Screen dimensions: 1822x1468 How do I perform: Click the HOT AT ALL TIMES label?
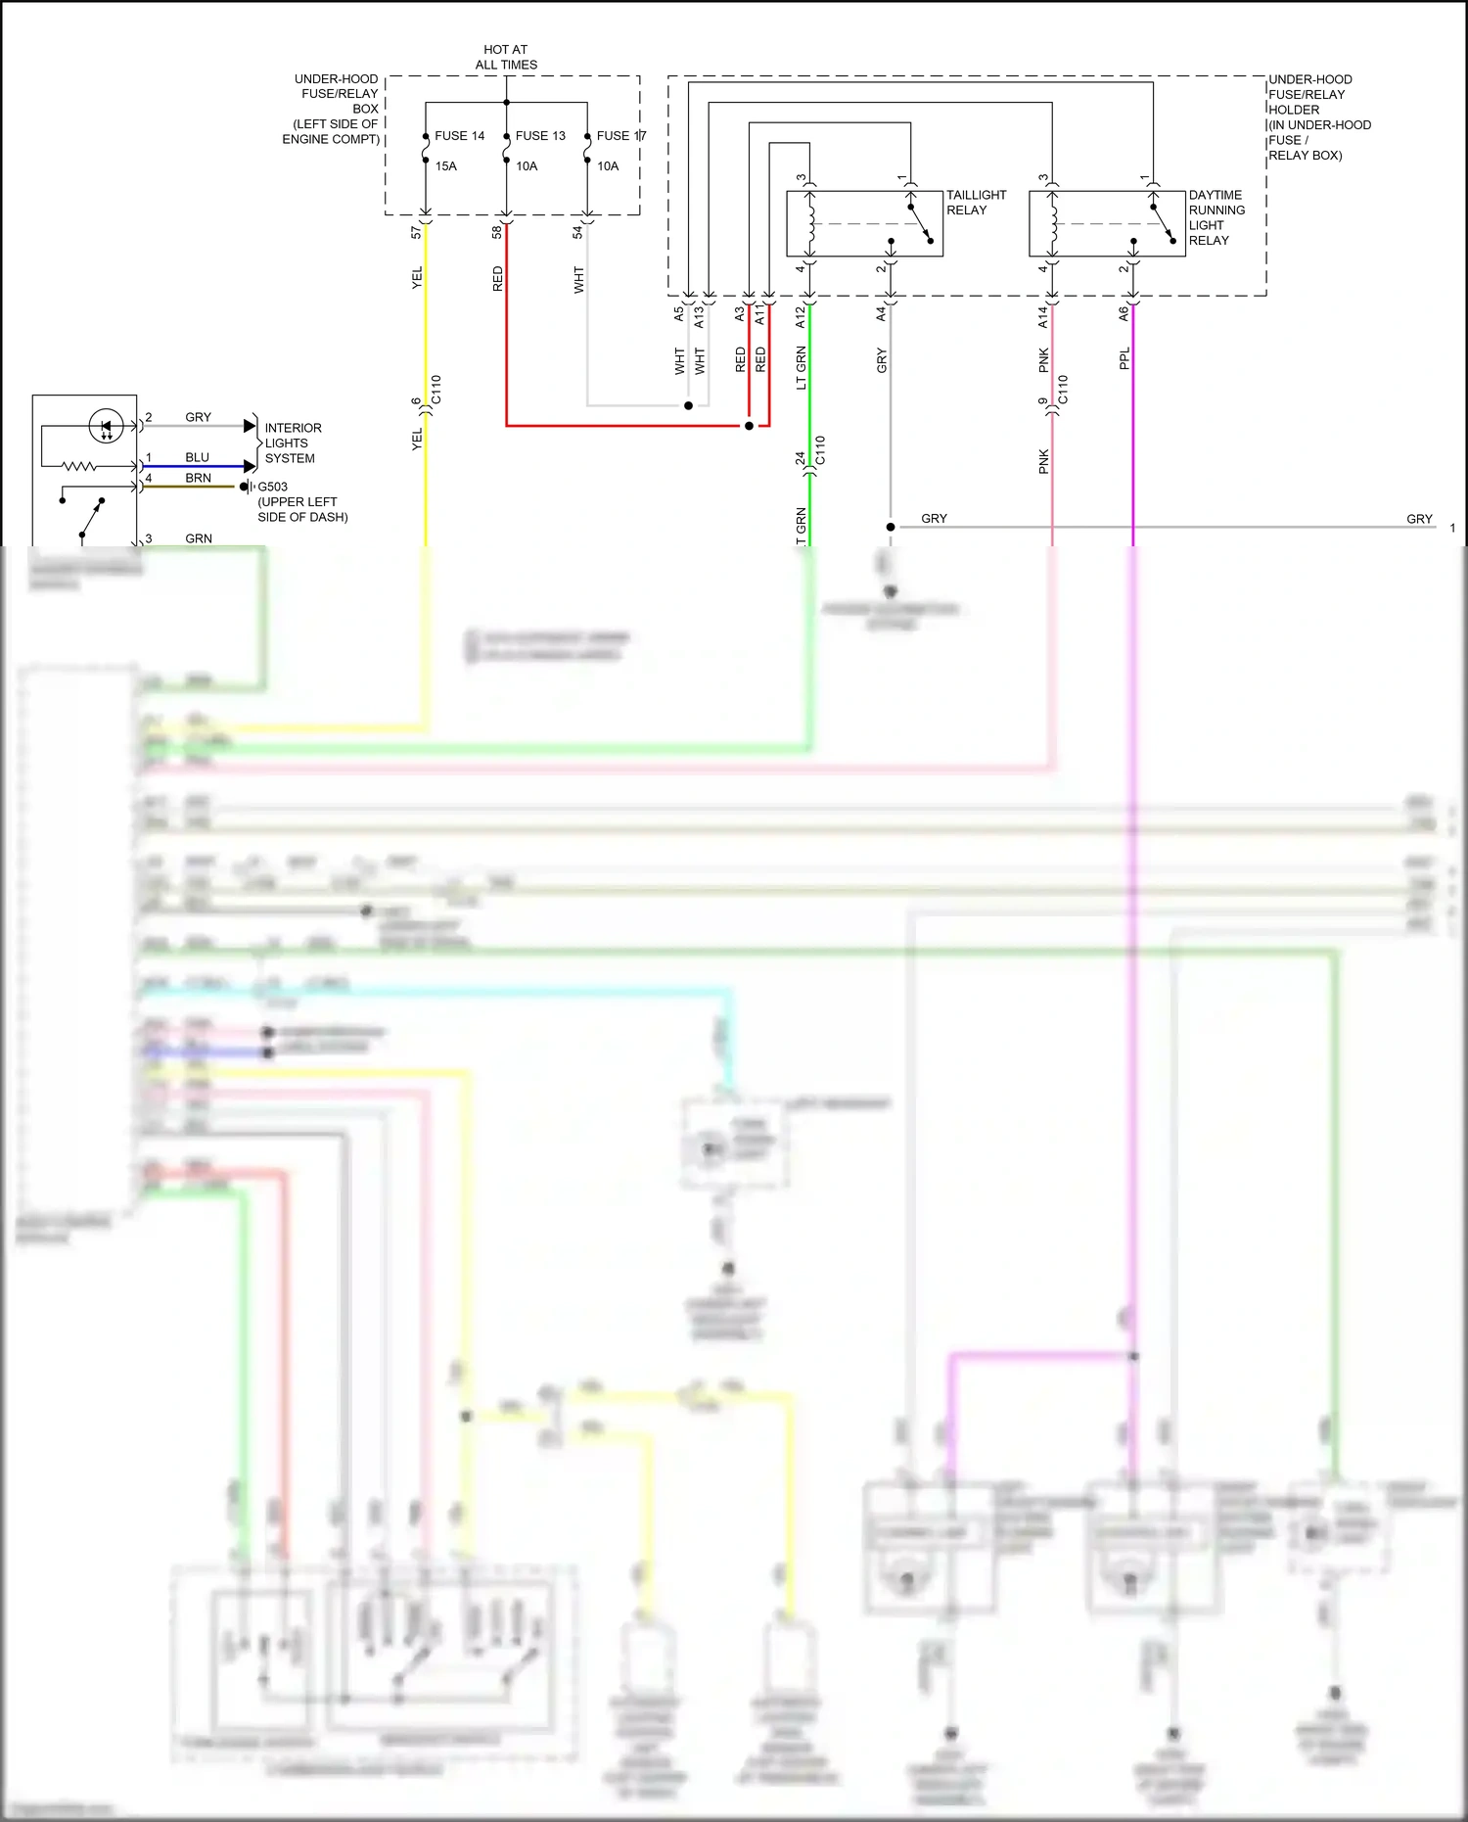(506, 57)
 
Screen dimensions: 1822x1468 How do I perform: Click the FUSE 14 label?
(459, 136)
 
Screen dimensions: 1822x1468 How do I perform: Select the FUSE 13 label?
(540, 136)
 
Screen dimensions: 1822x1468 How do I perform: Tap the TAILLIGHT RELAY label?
(975, 203)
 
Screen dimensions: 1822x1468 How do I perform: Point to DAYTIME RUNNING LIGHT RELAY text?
(1216, 217)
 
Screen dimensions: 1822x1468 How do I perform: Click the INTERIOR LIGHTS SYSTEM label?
(292, 443)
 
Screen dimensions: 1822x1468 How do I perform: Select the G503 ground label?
(272, 487)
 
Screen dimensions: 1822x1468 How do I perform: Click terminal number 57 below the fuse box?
(416, 232)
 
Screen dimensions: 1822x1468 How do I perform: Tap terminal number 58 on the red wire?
(497, 232)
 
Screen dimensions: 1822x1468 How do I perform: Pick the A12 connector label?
(801, 316)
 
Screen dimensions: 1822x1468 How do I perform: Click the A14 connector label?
(1043, 316)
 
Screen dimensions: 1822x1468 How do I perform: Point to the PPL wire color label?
(1124, 358)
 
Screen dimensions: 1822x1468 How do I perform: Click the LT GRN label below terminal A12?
(802, 367)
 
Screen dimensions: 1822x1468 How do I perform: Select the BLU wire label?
(197, 457)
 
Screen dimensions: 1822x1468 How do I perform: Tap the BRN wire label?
(198, 478)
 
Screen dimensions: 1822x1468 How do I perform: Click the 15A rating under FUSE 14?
(445, 166)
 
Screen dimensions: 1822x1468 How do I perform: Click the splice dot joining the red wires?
(749, 426)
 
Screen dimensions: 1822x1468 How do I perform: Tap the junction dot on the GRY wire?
(891, 527)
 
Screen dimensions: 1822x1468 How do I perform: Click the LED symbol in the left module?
(106, 426)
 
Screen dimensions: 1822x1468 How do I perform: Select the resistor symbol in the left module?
(79, 466)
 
